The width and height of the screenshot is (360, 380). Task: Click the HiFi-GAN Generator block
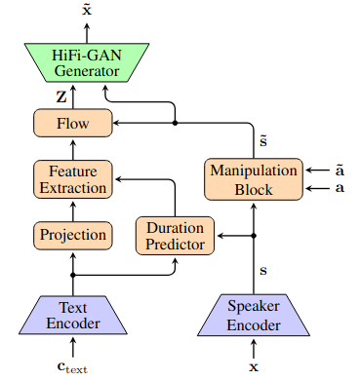click(87, 62)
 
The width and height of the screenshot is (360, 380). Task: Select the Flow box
click(73, 123)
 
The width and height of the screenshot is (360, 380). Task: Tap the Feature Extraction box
click(73, 179)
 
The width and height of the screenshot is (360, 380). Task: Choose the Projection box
click(73, 235)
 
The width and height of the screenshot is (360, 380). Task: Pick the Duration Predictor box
click(175, 236)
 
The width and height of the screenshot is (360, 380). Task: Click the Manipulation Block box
click(254, 179)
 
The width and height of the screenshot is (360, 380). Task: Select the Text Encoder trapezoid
click(73, 315)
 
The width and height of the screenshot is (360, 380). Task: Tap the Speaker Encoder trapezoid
click(254, 315)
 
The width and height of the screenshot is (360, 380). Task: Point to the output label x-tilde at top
click(87, 10)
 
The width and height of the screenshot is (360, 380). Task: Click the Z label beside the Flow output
click(61, 96)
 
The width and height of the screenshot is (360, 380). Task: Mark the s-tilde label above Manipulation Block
click(263, 141)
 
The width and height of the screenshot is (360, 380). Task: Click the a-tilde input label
click(340, 170)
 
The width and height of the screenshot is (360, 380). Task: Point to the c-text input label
click(72, 367)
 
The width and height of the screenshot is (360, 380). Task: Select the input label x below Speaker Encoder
click(254, 367)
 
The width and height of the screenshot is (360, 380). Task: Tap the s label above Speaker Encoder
click(263, 270)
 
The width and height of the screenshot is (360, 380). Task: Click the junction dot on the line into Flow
click(175, 123)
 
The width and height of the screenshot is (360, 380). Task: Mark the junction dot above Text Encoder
click(73, 275)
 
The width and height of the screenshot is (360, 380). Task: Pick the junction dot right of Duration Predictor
click(254, 236)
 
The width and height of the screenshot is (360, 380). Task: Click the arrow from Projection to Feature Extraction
click(73, 211)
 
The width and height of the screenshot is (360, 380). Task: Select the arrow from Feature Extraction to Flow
click(73, 150)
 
